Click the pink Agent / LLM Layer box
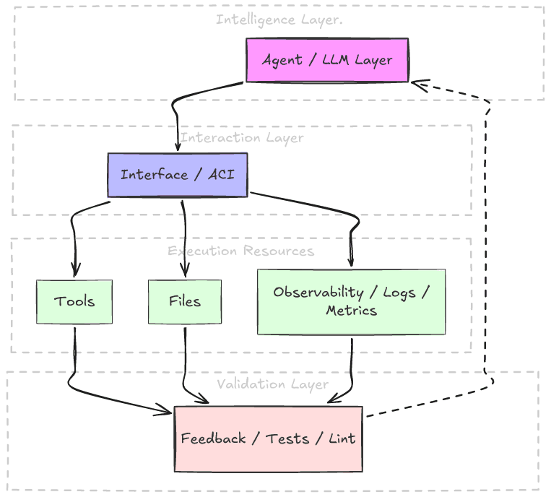[x=327, y=60]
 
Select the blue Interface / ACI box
[x=178, y=175]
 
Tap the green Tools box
[x=74, y=301]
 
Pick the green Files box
[x=185, y=301]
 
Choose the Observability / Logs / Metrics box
[x=351, y=301]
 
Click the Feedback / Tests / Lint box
[x=268, y=438]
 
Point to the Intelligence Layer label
[x=279, y=20]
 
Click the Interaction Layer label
[x=242, y=137]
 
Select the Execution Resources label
[x=241, y=251]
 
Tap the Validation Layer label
[x=272, y=384]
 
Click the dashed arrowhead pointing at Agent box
[x=417, y=84]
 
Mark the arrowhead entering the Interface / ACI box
[x=178, y=147]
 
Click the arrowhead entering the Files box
[x=185, y=273]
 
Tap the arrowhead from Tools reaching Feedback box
[x=167, y=412]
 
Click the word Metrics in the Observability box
[x=351, y=311]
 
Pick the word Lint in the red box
[x=342, y=438]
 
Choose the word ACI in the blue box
[x=220, y=175]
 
